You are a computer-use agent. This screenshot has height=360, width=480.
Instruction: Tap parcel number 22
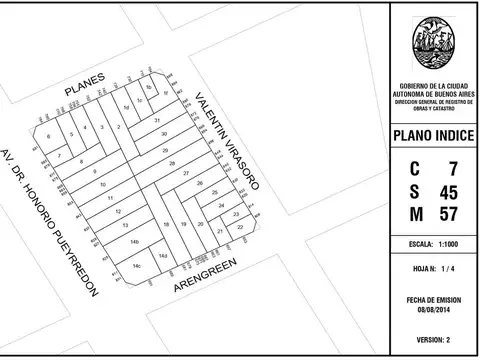click(240, 227)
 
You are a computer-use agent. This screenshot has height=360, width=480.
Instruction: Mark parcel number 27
click(185, 173)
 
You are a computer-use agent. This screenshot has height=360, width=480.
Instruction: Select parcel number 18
click(166, 225)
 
